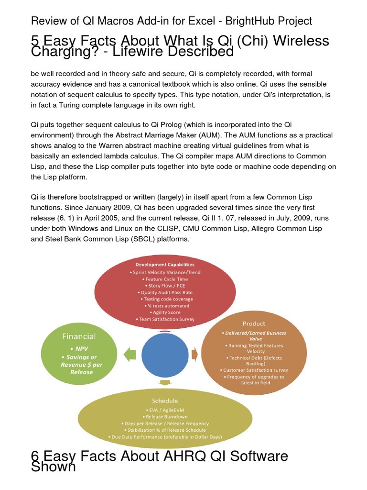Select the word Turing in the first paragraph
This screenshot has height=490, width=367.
tap(106, 105)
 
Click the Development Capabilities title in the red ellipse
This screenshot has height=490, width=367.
tap(165, 264)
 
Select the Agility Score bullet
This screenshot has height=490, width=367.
tap(165, 312)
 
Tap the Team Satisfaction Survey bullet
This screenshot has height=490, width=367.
tap(165, 319)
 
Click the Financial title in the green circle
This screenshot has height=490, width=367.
tap(79, 336)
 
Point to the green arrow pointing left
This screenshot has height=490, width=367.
tap(130, 355)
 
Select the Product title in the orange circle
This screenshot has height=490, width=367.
tap(253, 323)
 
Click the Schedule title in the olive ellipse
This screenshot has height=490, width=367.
tap(165, 401)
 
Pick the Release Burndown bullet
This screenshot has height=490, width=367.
tap(165, 416)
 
